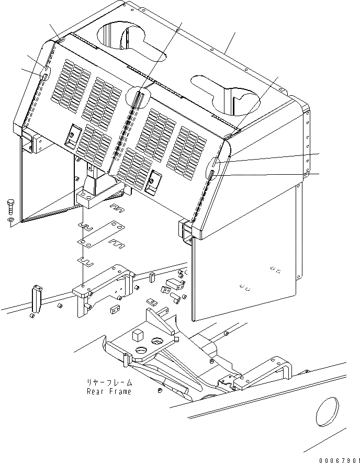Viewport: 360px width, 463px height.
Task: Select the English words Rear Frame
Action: click(109, 392)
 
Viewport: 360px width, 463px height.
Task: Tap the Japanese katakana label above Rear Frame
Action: click(109, 383)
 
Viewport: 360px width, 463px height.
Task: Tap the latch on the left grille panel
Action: click(70, 135)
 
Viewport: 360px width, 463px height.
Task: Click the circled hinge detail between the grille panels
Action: click(139, 96)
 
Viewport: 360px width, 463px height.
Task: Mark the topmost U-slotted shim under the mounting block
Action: click(118, 209)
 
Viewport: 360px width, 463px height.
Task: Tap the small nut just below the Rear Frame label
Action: click(160, 391)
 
